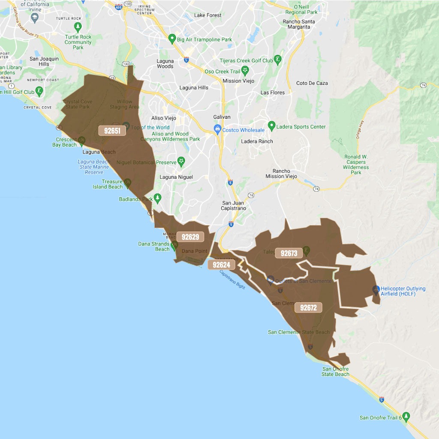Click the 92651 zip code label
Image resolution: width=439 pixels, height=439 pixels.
(x=112, y=131)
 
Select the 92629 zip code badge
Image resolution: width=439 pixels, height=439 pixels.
(x=190, y=237)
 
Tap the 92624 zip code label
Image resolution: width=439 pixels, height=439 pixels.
(x=222, y=265)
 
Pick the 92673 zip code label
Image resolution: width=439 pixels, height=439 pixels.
(x=289, y=253)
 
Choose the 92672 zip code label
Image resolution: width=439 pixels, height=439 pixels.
(x=308, y=308)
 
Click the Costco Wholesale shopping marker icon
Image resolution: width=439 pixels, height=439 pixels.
(x=218, y=129)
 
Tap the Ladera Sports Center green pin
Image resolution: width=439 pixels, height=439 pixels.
(x=271, y=126)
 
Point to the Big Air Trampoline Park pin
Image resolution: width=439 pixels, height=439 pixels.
(x=172, y=39)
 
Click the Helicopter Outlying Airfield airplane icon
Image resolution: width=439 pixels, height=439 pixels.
(x=376, y=290)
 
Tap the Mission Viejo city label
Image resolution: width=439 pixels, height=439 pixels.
(x=238, y=81)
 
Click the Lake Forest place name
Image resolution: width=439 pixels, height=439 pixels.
(x=208, y=15)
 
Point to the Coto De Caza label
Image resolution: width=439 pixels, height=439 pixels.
(x=312, y=83)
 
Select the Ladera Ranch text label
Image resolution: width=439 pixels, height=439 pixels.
(x=257, y=141)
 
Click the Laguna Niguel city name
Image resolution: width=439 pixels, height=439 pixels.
(x=176, y=177)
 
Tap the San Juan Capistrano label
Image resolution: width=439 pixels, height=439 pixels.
(x=234, y=206)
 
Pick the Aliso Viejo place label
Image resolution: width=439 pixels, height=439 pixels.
(x=164, y=118)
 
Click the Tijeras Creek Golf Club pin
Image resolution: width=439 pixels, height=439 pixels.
(x=278, y=60)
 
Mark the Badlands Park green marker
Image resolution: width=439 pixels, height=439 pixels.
(x=158, y=198)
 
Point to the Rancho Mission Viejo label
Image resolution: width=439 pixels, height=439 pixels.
(x=281, y=174)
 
